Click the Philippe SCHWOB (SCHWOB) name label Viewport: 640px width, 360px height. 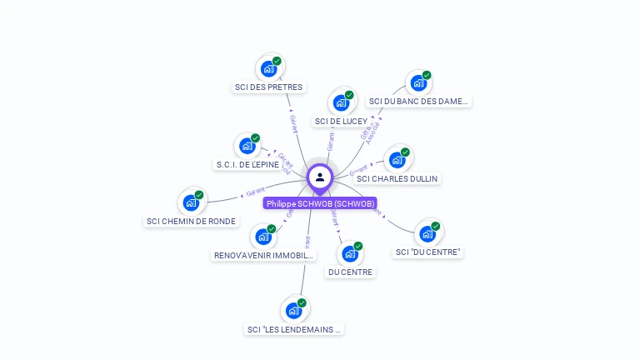(x=321, y=203)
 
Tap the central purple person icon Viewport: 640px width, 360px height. (x=320, y=177)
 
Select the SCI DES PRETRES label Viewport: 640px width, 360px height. (x=268, y=87)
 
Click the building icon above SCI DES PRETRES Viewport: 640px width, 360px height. (x=268, y=68)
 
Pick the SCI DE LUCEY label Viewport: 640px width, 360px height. (x=340, y=121)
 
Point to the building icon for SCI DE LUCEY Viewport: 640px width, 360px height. (x=341, y=102)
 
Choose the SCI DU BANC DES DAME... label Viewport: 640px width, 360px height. (x=418, y=102)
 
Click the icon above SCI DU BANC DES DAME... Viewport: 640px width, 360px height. (x=418, y=83)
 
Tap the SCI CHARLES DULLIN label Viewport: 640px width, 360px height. (x=397, y=178)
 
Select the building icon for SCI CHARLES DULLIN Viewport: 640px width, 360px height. (x=397, y=160)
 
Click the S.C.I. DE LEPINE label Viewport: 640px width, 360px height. (x=247, y=165)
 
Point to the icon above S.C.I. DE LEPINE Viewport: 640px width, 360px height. (x=247, y=146)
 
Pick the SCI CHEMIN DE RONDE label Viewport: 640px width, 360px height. (x=191, y=222)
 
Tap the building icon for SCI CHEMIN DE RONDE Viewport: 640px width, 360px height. (x=191, y=202)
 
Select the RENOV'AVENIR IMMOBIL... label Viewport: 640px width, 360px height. (x=263, y=256)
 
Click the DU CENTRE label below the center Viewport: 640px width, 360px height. (x=350, y=272)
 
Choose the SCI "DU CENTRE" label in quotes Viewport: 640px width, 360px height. (x=427, y=252)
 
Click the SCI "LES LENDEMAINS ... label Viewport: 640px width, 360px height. (x=294, y=329)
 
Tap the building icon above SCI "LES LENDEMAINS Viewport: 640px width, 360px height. (x=293, y=311)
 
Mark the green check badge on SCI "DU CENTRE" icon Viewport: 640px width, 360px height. (x=435, y=227)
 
